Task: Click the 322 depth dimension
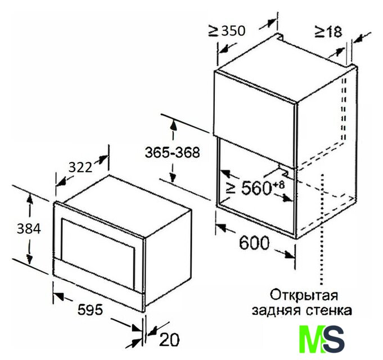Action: (x=80, y=168)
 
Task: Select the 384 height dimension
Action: (x=29, y=229)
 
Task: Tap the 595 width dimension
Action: (x=90, y=310)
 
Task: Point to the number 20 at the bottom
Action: (x=169, y=340)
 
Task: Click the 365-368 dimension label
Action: (x=173, y=152)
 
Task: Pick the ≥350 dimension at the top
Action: (x=227, y=31)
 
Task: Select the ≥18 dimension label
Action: (x=328, y=31)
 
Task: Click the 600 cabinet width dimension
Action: (x=254, y=243)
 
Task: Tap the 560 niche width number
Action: (x=256, y=188)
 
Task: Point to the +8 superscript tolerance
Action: (x=279, y=185)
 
